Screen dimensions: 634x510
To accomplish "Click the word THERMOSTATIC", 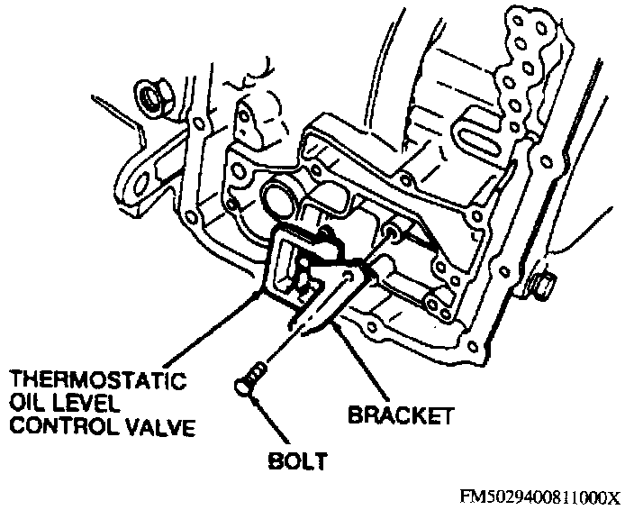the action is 98,379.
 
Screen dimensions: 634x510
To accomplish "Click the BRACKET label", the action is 400,415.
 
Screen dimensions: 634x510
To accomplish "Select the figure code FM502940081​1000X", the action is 540,496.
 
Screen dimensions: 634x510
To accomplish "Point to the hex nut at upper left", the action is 155,97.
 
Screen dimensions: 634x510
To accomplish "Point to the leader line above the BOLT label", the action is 270,420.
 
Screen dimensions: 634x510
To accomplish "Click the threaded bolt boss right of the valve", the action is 392,232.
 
